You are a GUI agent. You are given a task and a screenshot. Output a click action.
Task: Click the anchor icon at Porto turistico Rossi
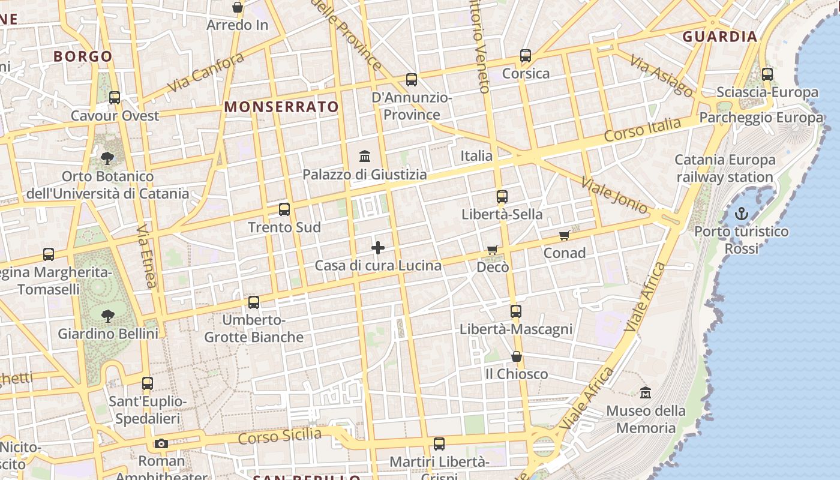tap(742, 214)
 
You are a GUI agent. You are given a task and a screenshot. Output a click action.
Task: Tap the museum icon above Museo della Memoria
tap(646, 393)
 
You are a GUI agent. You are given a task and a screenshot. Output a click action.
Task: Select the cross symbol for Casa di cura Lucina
tap(378, 247)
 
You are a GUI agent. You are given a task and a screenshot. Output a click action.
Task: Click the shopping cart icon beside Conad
tap(564, 236)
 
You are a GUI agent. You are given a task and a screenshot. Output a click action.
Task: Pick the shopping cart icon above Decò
tap(493, 250)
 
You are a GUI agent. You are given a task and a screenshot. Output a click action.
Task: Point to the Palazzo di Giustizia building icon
tap(364, 157)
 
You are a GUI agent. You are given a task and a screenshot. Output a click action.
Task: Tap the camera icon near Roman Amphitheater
tap(161, 443)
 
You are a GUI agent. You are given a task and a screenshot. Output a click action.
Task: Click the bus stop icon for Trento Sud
tap(284, 209)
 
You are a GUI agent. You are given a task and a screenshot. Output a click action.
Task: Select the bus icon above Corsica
tap(526, 56)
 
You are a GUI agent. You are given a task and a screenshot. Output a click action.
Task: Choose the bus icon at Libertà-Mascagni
tap(516, 311)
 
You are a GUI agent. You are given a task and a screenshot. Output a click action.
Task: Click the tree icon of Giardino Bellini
tap(108, 316)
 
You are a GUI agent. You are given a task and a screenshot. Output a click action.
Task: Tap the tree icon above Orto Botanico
tap(107, 158)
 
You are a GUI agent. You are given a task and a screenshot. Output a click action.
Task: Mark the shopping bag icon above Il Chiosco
tap(516, 356)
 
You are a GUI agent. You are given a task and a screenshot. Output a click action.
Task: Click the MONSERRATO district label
tap(281, 107)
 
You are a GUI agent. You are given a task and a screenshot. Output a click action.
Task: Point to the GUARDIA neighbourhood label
tap(720, 37)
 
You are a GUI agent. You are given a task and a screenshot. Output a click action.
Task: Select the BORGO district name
tap(83, 56)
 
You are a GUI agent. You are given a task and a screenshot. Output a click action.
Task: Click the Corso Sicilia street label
tap(280, 436)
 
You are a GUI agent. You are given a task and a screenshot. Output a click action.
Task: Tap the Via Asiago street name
tap(662, 74)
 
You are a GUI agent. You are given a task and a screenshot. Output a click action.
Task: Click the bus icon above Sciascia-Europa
tap(767, 74)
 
